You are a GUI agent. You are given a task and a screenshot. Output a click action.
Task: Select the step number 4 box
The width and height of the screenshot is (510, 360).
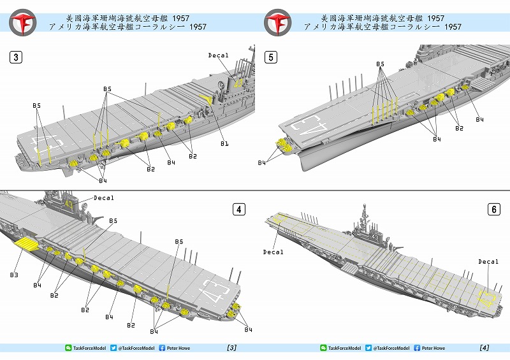point(238,209)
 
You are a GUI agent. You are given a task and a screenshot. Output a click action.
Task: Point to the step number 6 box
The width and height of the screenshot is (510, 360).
point(493,209)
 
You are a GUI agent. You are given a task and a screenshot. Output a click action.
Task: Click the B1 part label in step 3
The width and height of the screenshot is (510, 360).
point(224,144)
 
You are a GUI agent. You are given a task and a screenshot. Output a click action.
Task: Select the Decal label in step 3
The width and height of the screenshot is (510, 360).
point(218,55)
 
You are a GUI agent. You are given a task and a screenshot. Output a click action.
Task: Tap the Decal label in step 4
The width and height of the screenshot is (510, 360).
point(103,198)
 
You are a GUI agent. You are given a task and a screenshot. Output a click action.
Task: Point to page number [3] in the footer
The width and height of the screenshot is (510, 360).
point(231,348)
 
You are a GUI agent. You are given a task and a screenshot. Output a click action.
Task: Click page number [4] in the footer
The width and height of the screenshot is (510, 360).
point(484,348)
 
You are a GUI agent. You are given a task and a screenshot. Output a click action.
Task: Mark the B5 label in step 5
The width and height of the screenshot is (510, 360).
point(381,64)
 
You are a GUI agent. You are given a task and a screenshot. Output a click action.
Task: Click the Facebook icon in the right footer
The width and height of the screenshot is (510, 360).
point(417,348)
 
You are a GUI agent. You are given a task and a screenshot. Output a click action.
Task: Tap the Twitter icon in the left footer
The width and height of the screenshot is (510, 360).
point(113,348)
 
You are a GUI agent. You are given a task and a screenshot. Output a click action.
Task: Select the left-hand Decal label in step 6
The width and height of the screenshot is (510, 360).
point(273,252)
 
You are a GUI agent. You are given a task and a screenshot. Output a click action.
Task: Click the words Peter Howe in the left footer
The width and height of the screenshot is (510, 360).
point(179,348)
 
